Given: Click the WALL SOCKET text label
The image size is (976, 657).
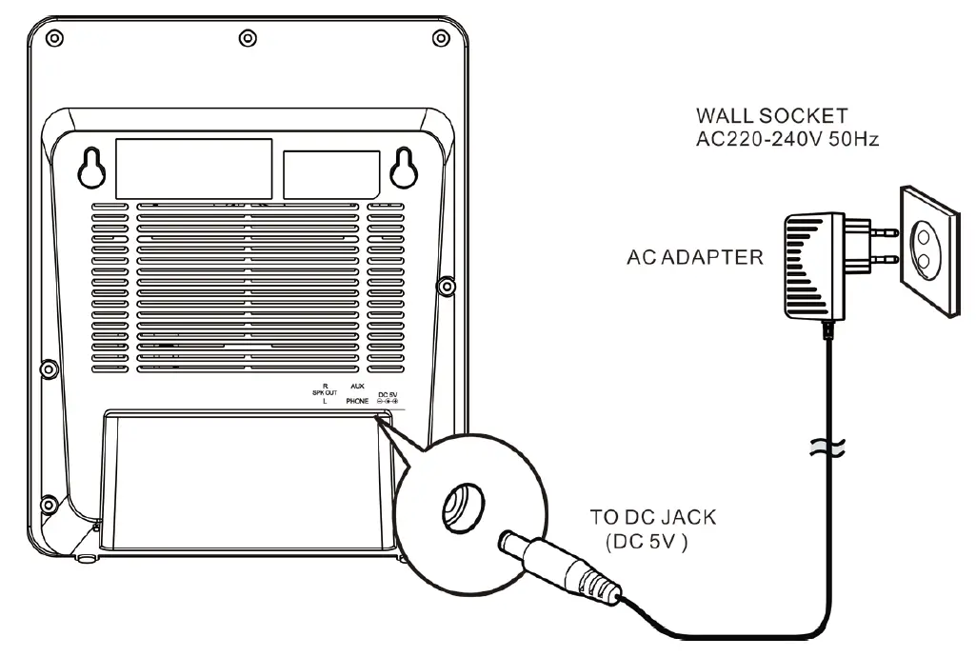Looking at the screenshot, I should pyautogui.click(x=771, y=116).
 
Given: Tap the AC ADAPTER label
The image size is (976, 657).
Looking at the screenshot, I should pyautogui.click(x=694, y=258).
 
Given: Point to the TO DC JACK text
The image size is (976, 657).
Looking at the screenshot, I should pyautogui.click(x=653, y=519).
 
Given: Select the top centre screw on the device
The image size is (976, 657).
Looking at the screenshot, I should pyautogui.click(x=248, y=37).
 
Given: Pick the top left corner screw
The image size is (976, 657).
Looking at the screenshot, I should pyautogui.click(x=55, y=37).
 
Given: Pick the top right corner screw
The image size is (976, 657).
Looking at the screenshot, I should pyautogui.click(x=441, y=37).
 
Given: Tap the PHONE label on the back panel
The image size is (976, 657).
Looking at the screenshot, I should pyautogui.click(x=357, y=402).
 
